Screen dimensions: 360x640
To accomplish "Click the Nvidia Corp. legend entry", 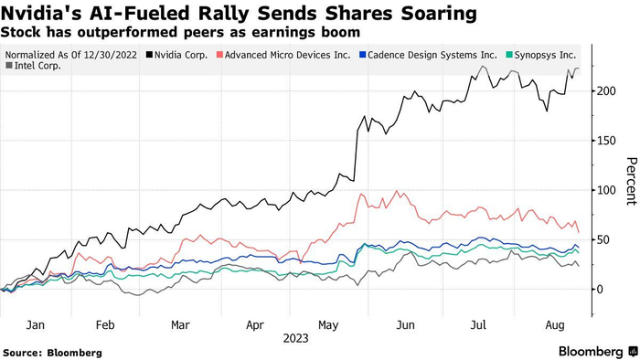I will tap(179, 55).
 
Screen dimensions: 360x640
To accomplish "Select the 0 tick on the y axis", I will tap(597, 289).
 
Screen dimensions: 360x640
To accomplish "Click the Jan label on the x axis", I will tap(37, 323).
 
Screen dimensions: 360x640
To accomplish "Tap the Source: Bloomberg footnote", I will tap(52, 352).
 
